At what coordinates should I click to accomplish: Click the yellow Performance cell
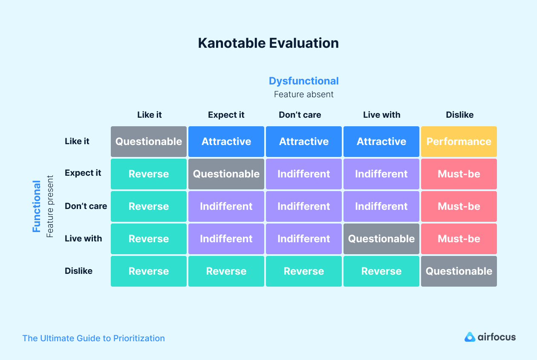pos(459,142)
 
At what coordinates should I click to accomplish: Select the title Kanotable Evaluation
pos(268,43)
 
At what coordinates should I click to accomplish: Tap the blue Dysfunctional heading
pos(303,81)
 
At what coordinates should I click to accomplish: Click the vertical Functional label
pos(37,206)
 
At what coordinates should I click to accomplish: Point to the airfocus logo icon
pos(470,337)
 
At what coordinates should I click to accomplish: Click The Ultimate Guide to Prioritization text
pos(93,338)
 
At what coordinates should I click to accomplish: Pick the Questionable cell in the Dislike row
pos(459,271)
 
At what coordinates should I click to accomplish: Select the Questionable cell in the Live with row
pos(381,239)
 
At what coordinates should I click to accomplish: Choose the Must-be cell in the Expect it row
pos(459,174)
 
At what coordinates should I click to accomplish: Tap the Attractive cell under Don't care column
pos(303,142)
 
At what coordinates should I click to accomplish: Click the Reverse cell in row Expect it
pos(148,174)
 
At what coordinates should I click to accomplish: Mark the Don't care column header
pos(300,115)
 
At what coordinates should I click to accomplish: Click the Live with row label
pos(84,238)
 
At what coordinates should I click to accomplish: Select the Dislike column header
pos(459,115)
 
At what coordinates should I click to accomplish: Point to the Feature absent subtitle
pos(303,94)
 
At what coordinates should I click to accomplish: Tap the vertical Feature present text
pos(50,206)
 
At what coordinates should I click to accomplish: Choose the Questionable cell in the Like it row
pos(148,142)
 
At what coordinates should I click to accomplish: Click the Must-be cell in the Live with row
pos(459,239)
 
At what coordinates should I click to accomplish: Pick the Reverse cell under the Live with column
pos(381,271)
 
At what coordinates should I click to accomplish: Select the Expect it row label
pos(83,173)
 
